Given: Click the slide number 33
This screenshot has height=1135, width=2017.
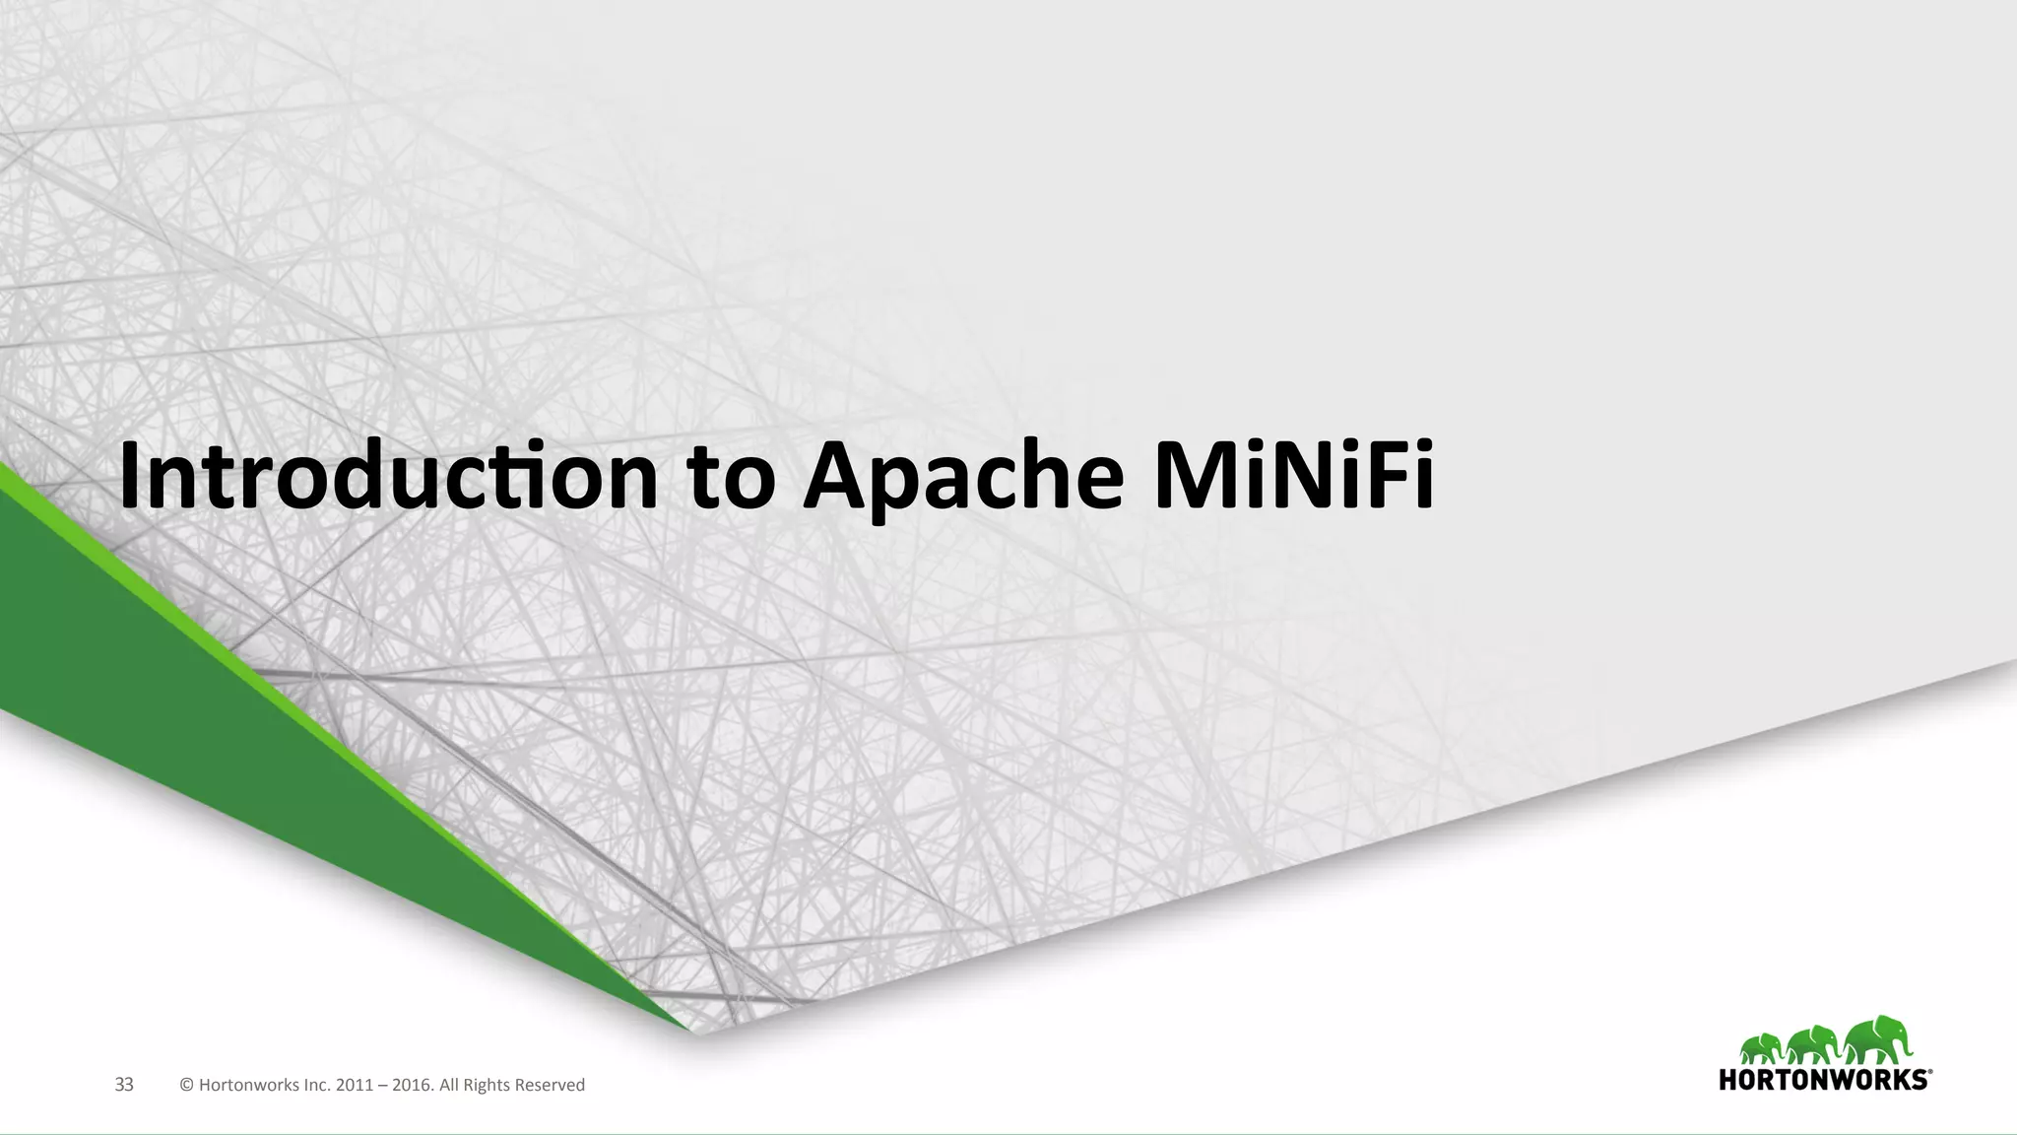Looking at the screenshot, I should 124,1085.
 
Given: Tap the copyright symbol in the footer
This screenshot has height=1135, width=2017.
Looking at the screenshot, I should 186,1085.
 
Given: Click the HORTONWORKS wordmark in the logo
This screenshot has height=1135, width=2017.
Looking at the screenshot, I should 1822,1080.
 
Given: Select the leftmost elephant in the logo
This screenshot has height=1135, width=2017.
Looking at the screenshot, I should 1762,1049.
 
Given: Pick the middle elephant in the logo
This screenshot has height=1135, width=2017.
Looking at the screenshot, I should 1814,1046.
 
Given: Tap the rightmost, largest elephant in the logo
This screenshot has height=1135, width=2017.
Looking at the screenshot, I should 1876,1042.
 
